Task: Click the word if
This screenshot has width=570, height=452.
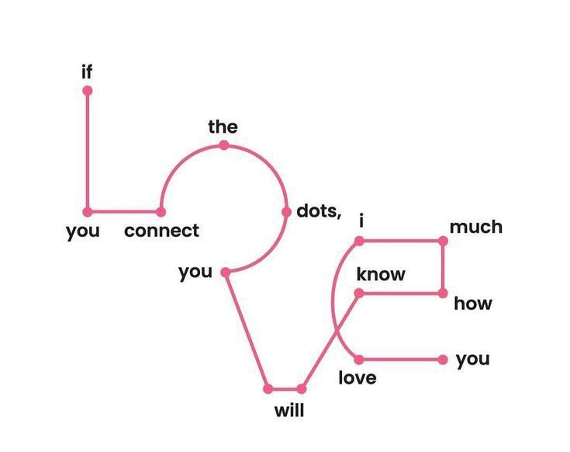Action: point(87,72)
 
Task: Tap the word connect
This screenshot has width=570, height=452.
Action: point(161,231)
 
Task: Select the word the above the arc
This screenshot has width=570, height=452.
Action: point(223,127)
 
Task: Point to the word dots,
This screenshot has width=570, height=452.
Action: point(319,210)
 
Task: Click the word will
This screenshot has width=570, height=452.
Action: point(289,410)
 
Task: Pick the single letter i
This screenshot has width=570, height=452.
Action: point(361,221)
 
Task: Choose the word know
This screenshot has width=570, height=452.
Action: point(381,275)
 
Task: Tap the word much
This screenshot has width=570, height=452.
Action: point(475,227)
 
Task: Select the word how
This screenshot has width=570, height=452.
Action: point(473,303)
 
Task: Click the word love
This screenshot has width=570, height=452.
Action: point(358,378)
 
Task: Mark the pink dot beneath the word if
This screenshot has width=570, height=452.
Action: point(87,91)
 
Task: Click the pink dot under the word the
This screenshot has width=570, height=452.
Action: point(223,145)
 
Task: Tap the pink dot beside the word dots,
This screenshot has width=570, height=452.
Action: point(287,211)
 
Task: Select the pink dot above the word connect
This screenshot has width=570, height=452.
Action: point(161,211)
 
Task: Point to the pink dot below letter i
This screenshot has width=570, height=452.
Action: point(359,241)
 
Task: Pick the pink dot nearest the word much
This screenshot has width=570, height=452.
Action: point(443,241)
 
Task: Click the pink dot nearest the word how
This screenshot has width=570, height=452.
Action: point(443,293)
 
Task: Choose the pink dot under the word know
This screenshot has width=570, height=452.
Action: point(359,293)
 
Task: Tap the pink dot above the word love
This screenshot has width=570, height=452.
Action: point(359,359)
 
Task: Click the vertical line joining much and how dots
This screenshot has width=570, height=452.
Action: point(443,267)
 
